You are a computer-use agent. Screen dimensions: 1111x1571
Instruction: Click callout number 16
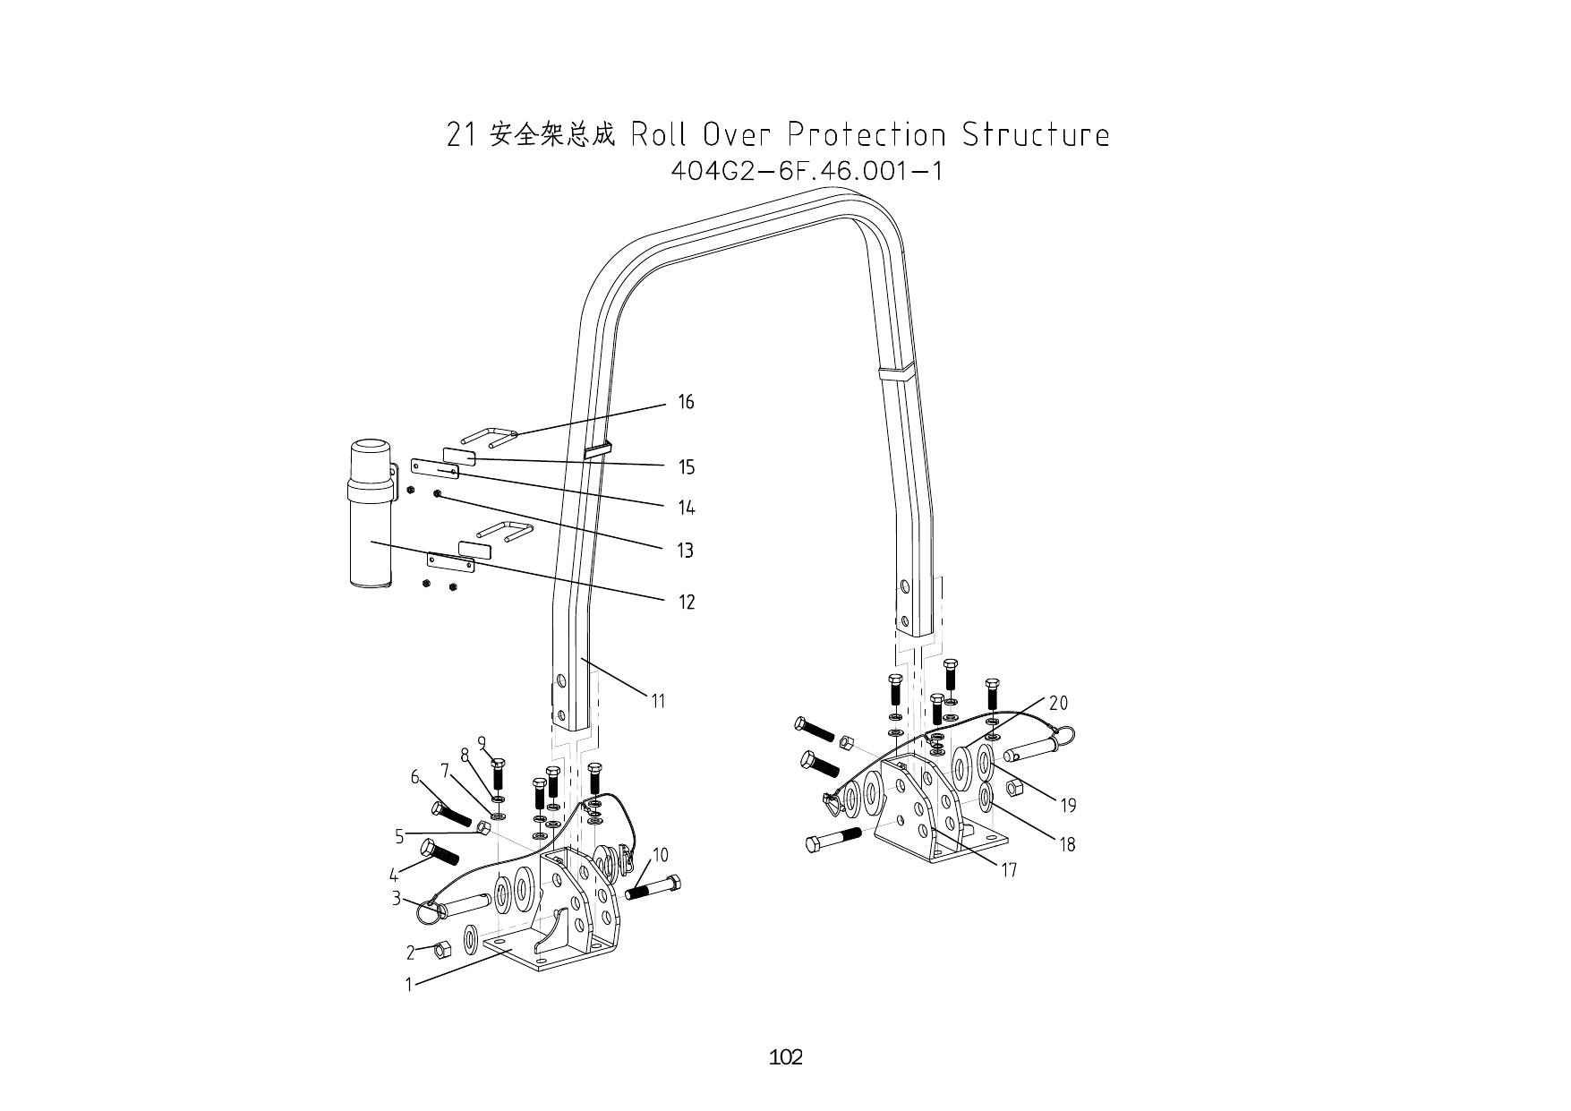(686, 402)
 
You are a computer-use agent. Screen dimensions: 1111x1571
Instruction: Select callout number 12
(686, 603)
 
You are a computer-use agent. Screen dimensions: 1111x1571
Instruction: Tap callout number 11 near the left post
(658, 701)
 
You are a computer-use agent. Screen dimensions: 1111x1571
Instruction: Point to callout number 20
(1058, 703)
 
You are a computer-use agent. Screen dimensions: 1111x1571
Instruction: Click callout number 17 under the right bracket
(1009, 870)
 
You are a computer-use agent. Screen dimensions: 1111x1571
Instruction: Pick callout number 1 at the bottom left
(409, 985)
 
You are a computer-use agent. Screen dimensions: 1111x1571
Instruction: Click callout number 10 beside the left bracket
(660, 855)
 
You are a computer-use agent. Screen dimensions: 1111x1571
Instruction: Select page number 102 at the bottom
(785, 1057)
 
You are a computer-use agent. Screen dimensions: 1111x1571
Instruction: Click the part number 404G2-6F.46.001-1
(807, 170)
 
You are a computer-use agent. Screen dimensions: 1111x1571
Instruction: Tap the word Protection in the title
(866, 135)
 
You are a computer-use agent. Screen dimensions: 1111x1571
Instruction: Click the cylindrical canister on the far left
(371, 515)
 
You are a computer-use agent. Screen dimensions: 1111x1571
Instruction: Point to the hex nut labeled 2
(440, 949)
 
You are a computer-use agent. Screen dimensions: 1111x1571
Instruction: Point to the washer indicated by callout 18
(985, 796)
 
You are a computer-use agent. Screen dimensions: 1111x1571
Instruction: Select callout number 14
(686, 508)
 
